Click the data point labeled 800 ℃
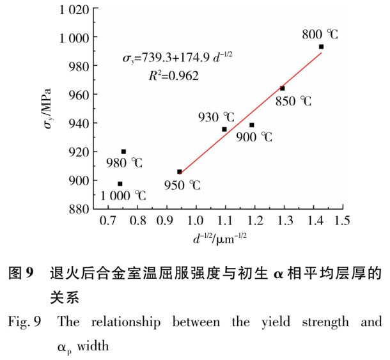[x=321, y=47]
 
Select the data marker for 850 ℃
[x=283, y=88]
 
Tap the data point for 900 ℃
[x=252, y=125]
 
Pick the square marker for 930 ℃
[x=224, y=129]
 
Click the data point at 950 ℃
[x=180, y=171]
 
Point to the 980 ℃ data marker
[x=123, y=152]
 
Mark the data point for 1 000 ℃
[x=120, y=184]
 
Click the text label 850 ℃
[x=293, y=101]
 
